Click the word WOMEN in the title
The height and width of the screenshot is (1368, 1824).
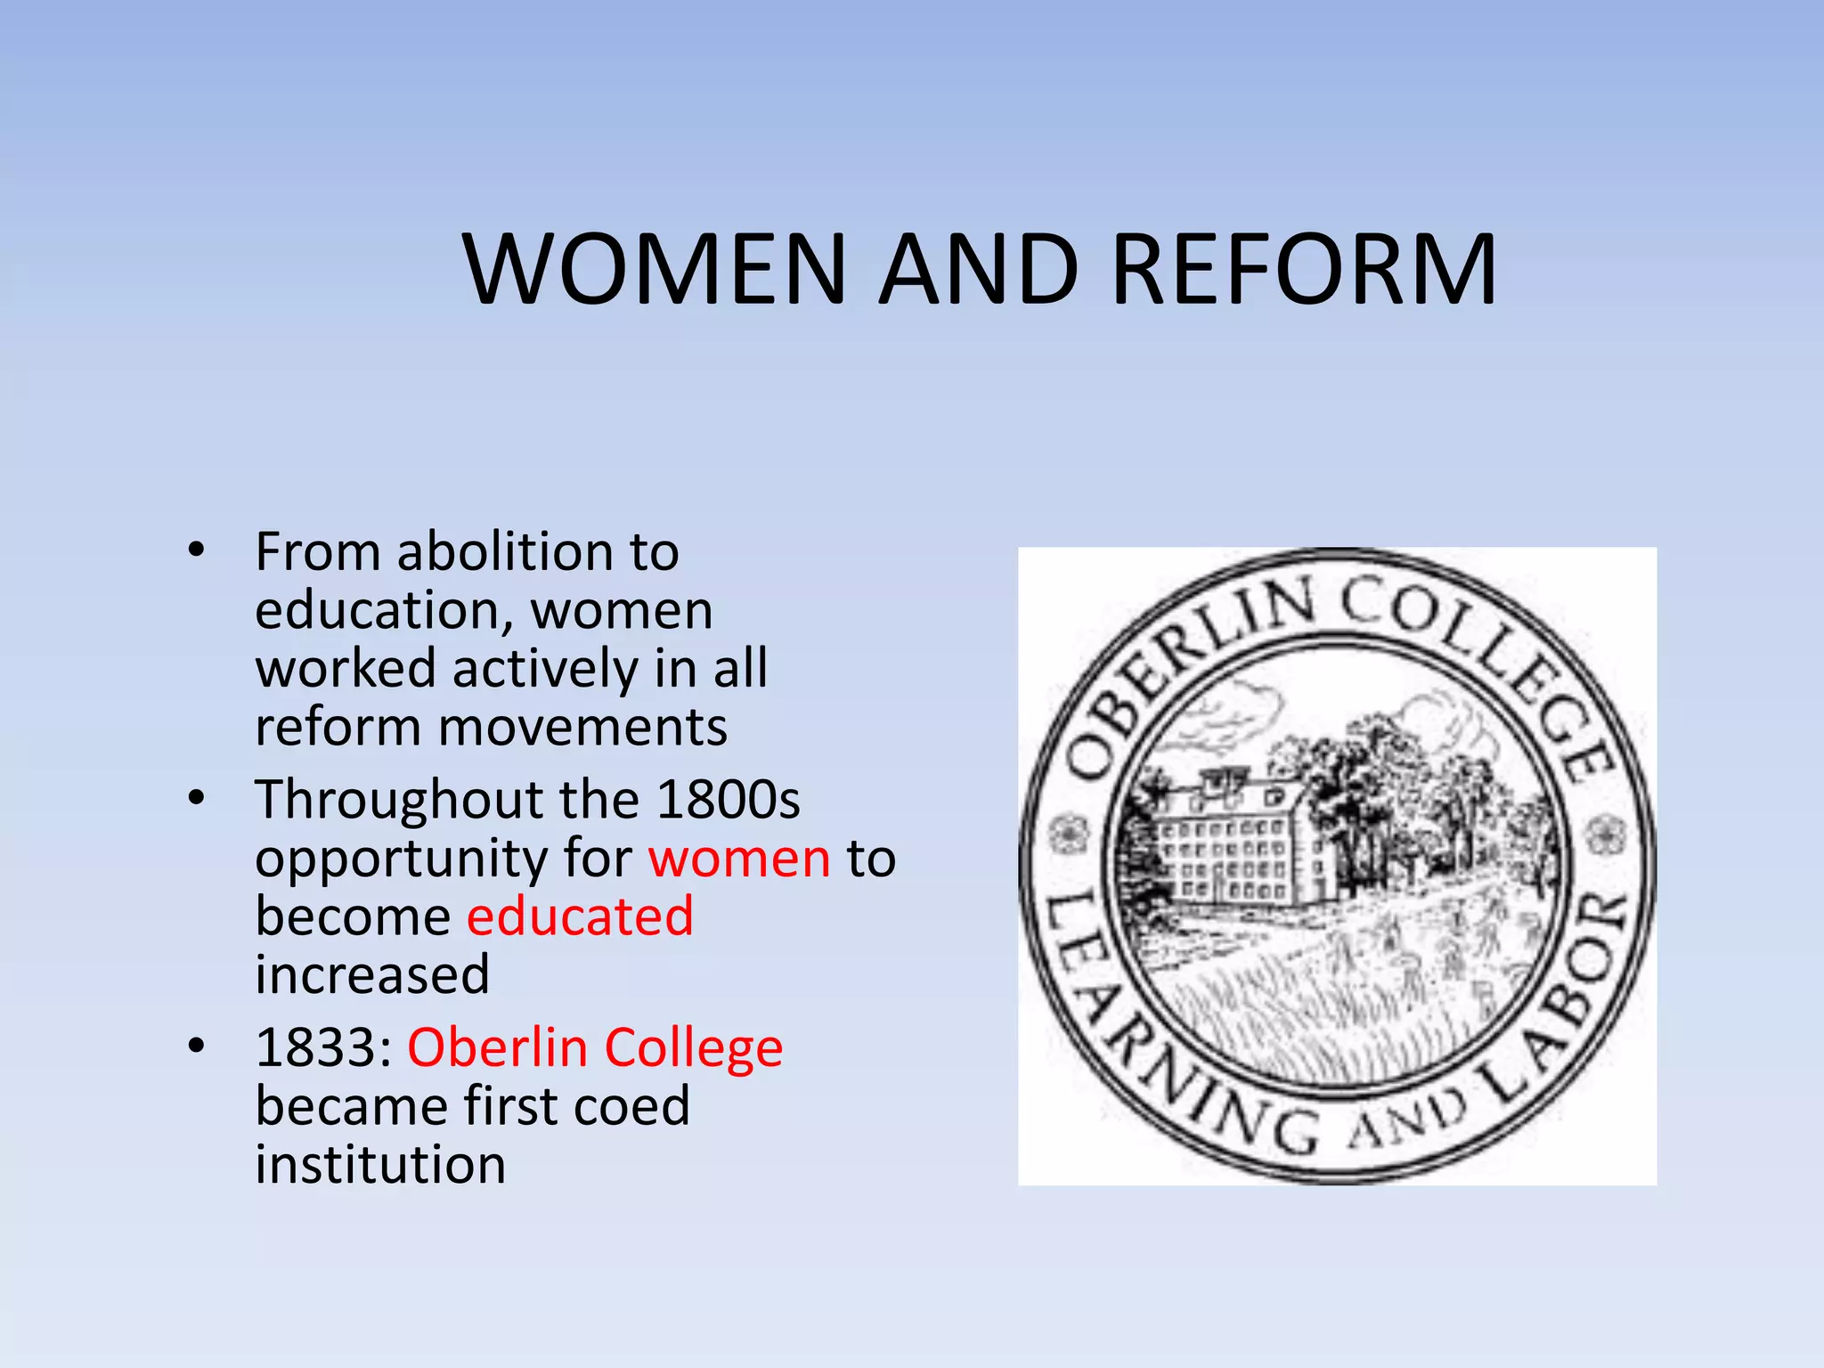point(655,269)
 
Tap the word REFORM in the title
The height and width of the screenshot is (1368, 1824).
point(1305,269)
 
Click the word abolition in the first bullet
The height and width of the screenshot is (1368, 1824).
point(504,552)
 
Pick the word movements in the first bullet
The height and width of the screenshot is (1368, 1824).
point(582,727)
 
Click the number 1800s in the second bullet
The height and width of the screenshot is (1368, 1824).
point(728,799)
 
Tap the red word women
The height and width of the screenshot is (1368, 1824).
point(739,859)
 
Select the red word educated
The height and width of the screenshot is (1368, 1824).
point(580,916)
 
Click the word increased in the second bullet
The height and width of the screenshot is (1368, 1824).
point(372,974)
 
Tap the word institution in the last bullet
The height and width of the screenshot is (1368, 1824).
point(380,1165)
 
